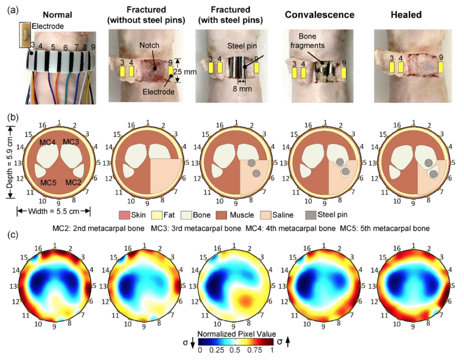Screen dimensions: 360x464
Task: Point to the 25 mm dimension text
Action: [187, 72]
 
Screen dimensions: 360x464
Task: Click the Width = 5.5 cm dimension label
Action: [53, 211]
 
